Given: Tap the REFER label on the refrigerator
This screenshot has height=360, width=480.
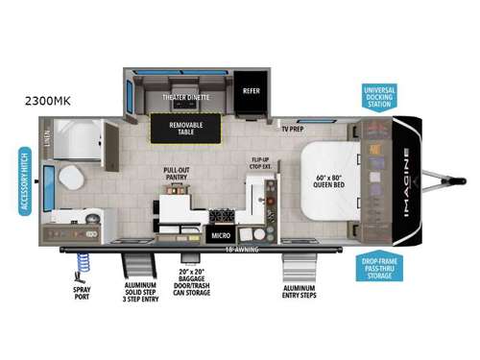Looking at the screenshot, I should [252, 93].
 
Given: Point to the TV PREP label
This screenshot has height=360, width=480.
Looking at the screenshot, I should [295, 129].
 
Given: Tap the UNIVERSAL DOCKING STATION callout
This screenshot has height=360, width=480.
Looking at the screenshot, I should [387, 96].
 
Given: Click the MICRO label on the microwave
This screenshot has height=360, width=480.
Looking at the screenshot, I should [219, 234].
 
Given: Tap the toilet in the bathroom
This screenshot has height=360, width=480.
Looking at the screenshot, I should [70, 177].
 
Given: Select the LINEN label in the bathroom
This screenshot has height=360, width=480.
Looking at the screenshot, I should [46, 141].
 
